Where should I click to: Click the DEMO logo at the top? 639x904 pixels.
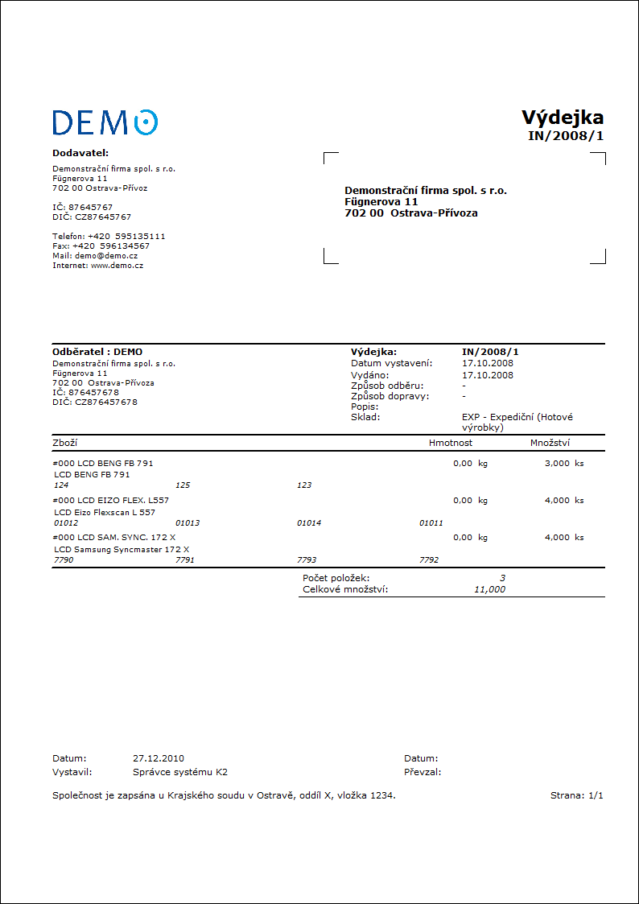[x=105, y=122]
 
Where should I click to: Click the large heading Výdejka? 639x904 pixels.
[x=563, y=118]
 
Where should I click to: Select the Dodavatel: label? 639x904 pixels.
[x=80, y=152]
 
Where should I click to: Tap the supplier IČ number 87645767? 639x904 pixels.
[x=91, y=207]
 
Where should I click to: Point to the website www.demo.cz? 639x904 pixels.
[x=117, y=265]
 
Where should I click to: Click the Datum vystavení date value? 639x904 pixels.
[x=488, y=363]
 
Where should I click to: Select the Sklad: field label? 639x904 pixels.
[x=365, y=417]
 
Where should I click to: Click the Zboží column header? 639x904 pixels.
[x=64, y=443]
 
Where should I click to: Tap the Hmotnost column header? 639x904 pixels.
[x=451, y=443]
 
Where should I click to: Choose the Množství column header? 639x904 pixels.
[x=551, y=443]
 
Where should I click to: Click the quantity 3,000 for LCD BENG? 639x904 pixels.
[x=557, y=463]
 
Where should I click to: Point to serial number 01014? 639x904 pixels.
[x=309, y=522]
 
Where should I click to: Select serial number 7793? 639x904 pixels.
[x=307, y=559]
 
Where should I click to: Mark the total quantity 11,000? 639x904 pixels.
[x=489, y=589]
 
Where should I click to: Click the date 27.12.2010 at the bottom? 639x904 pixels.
[x=159, y=758]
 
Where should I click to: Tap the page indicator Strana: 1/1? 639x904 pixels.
[x=576, y=795]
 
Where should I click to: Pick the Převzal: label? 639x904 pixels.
[x=423, y=772]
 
